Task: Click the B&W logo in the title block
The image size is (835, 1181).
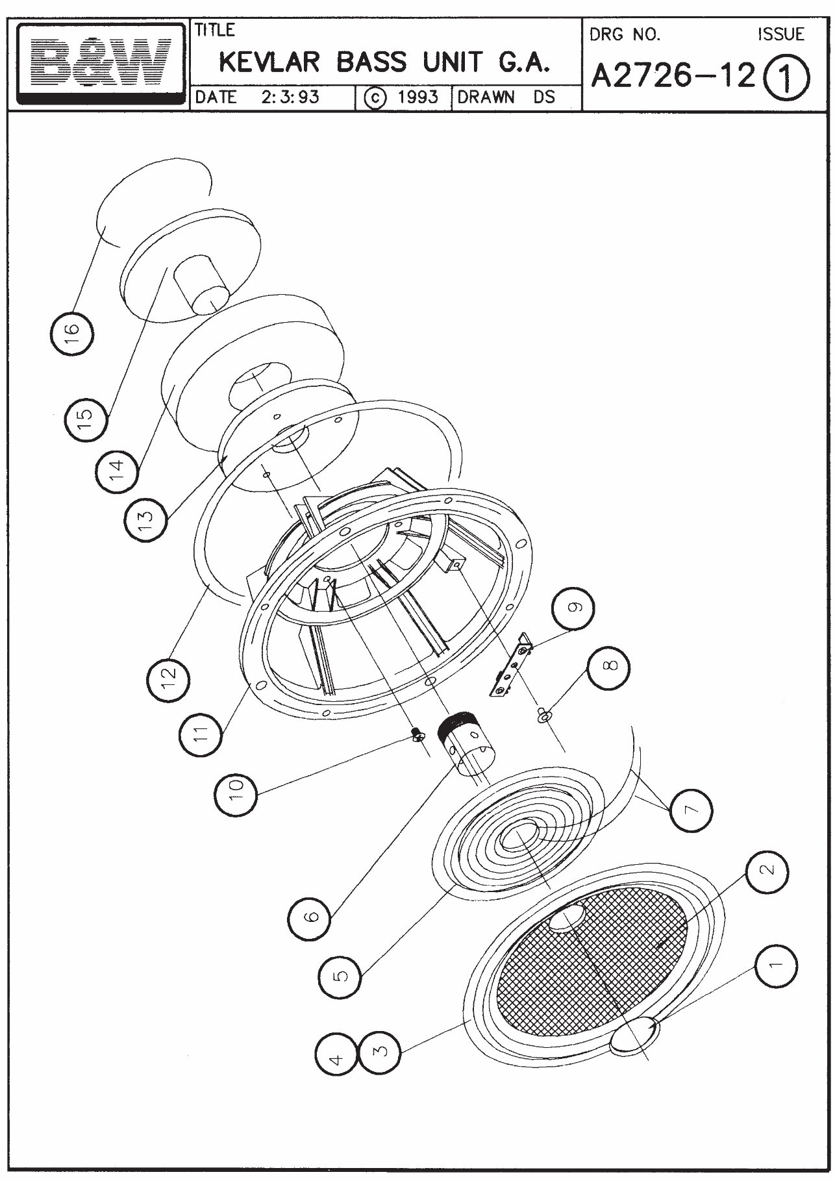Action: point(101,63)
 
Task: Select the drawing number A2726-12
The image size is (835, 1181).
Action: point(675,77)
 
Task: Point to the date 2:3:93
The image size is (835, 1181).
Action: point(290,97)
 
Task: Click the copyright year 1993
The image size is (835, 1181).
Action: point(418,97)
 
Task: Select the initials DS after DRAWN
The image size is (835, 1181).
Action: point(544,97)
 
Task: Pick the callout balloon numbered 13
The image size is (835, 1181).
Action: point(146,517)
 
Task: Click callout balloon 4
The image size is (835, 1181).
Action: point(336,1060)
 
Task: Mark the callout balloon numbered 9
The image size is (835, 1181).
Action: point(572,608)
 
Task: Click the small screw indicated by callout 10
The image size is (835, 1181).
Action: point(417,734)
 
